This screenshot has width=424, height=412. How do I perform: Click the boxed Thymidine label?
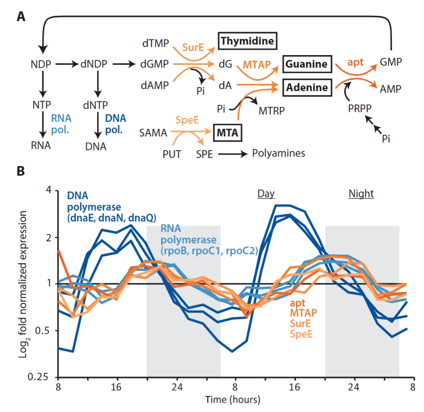click(x=246, y=41)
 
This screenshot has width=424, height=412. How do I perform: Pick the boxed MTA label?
click(x=227, y=132)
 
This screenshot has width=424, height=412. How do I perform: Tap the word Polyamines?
click(x=278, y=153)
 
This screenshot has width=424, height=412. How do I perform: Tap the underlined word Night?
click(x=361, y=194)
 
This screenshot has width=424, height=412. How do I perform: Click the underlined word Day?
click(x=266, y=194)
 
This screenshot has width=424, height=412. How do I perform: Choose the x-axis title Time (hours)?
click(x=233, y=400)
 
